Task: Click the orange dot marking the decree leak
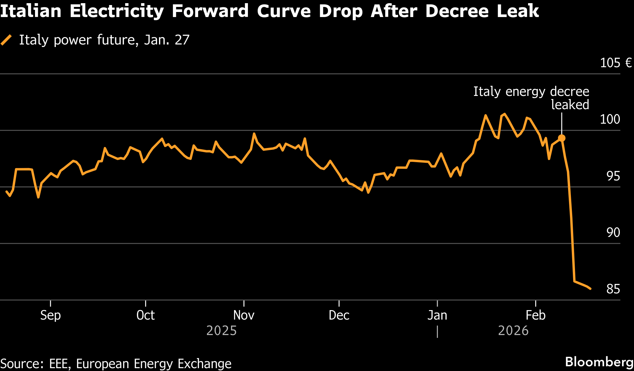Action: point(561,138)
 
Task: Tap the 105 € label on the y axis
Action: point(615,63)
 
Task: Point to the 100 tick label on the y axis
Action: point(610,119)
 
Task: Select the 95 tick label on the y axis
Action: point(613,176)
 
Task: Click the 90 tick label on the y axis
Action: point(613,233)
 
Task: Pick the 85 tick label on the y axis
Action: point(613,289)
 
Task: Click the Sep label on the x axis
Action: point(50,315)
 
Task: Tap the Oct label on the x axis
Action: point(145,315)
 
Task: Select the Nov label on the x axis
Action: point(244,315)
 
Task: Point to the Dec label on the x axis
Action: point(339,315)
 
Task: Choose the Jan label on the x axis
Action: point(437,315)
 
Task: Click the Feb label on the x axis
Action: point(536,315)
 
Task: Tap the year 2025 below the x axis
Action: point(221,331)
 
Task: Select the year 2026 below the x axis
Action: point(513,331)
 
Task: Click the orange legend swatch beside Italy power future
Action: point(6,40)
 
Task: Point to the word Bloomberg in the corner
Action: point(599,362)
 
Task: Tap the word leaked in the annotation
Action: point(570,105)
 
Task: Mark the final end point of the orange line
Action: point(590,289)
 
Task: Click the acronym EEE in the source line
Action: point(59,364)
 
